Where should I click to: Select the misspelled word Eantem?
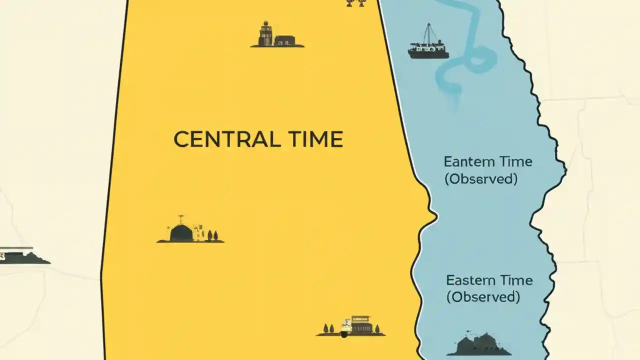pyautogui.click(x=464, y=162)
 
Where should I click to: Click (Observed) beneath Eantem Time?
pyautogui.click(x=480, y=179)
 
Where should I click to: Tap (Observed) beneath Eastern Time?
pyautogui.click(x=483, y=297)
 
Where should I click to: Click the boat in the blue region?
pyautogui.click(x=428, y=49)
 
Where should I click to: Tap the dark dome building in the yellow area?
pyautogui.click(x=181, y=233)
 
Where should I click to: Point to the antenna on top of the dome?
pyautogui.click(x=181, y=218)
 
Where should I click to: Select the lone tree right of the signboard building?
pyautogui.click(x=377, y=328)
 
